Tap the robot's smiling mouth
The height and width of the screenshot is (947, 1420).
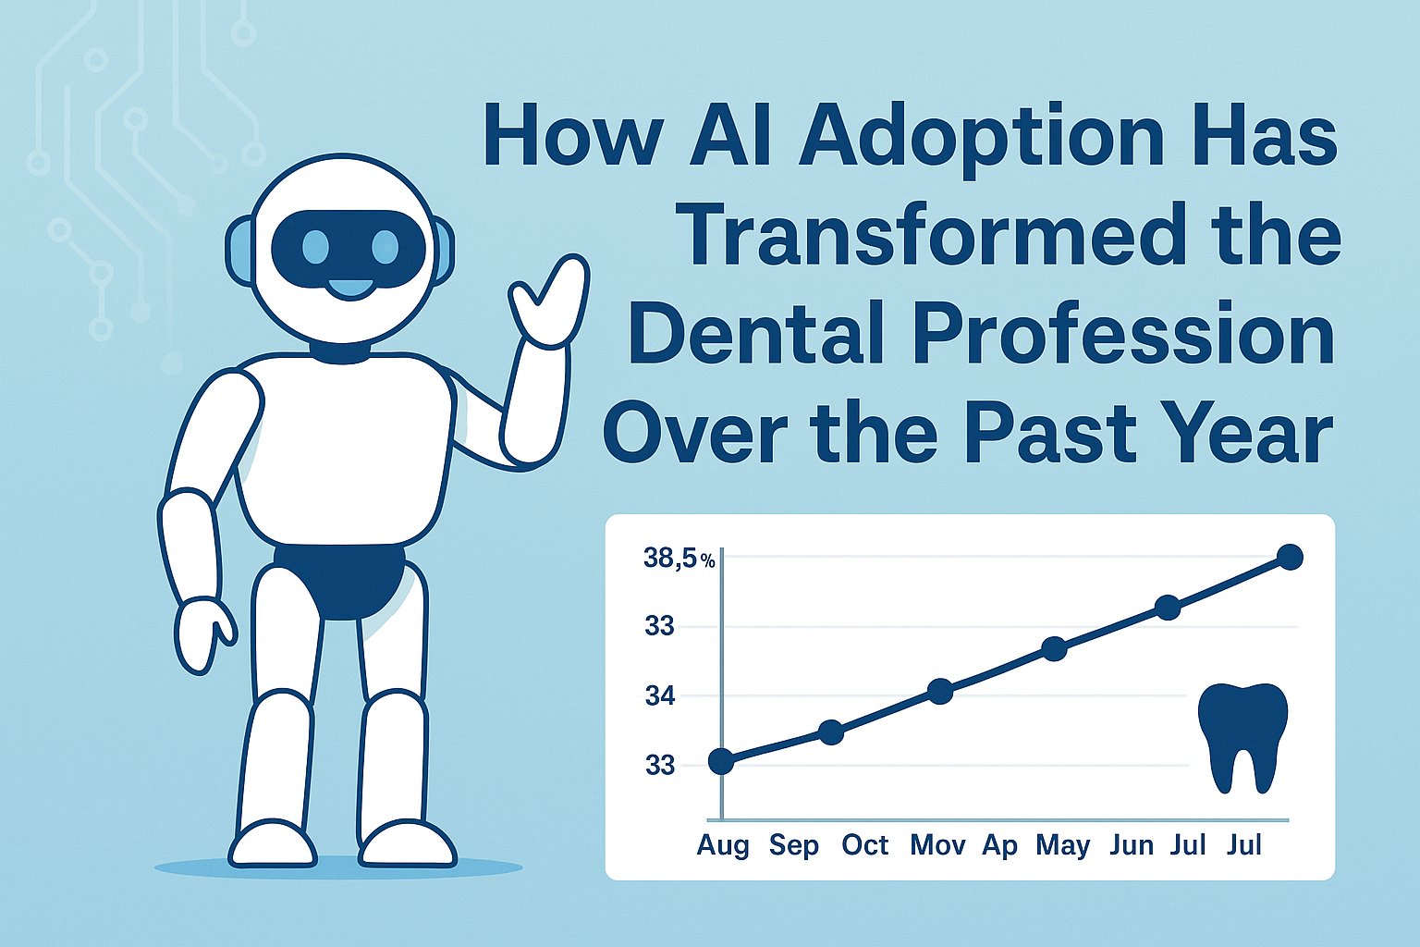coord(350,289)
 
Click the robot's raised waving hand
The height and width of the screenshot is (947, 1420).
coord(550,300)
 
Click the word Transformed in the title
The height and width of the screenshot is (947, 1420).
coord(930,235)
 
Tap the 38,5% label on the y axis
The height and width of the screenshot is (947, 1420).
coord(679,559)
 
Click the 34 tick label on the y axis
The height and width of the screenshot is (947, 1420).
coord(660,696)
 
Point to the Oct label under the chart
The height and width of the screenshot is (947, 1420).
coord(864,845)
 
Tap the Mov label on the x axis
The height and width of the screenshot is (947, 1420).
coord(937,845)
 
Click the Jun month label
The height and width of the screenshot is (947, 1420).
coord(1132,846)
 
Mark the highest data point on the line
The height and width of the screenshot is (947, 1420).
coord(1290,558)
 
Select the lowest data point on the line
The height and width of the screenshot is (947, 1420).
coord(721,761)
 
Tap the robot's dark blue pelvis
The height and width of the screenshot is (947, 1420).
coord(340,581)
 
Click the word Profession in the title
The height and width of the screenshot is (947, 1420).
coord(1126,337)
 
